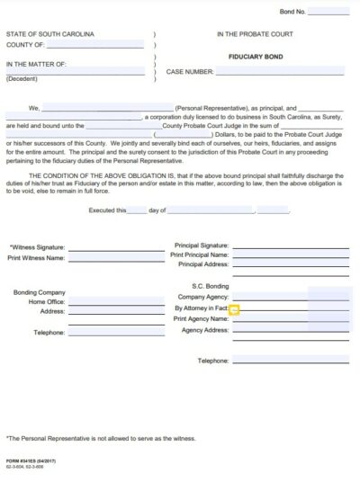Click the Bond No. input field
point(328,12)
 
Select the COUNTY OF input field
point(95,43)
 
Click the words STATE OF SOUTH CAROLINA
point(50,34)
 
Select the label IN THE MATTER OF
point(36,64)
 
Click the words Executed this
point(107,210)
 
